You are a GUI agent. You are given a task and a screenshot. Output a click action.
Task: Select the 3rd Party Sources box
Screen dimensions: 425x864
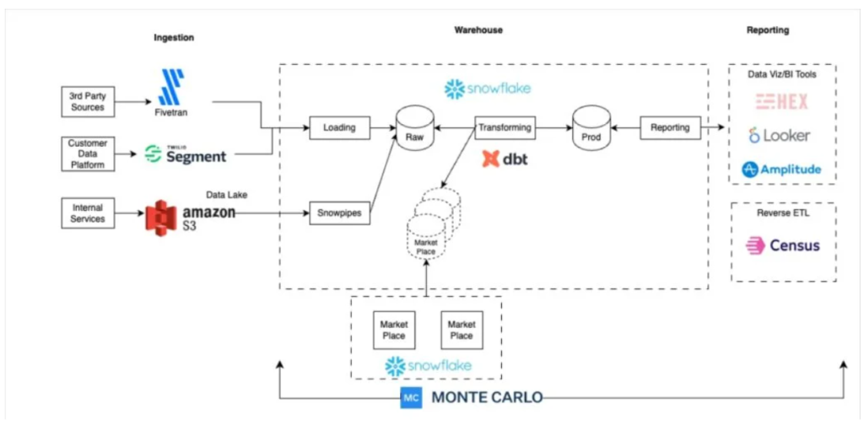[x=87, y=102]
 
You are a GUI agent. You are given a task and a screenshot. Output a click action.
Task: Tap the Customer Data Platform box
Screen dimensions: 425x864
[x=87, y=154]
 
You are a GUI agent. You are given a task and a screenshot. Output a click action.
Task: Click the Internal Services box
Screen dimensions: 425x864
[x=87, y=212]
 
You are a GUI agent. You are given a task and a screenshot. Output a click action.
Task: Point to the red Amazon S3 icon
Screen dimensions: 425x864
[x=164, y=218]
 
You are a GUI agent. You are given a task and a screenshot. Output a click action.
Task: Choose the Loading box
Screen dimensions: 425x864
[x=339, y=128]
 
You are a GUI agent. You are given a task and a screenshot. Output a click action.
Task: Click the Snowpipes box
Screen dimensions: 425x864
[x=340, y=213]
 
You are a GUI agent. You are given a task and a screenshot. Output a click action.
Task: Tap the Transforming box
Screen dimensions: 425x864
[x=505, y=128]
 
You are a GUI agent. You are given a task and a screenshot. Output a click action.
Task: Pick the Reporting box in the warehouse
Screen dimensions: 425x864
[x=670, y=128]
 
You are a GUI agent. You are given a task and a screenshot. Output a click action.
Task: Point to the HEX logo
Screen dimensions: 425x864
[x=781, y=102]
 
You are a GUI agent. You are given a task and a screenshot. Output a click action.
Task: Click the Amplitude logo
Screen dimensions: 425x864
[x=780, y=169]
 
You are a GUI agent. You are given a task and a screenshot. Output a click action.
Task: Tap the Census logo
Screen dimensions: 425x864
[x=782, y=246]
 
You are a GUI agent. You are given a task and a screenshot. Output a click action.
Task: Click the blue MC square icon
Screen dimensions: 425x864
[x=411, y=398]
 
